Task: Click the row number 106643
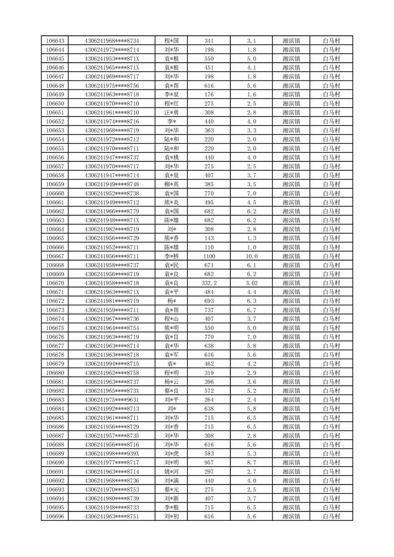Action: point(55,41)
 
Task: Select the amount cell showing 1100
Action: point(209,256)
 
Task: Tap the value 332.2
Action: point(209,283)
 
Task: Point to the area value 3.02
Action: point(252,283)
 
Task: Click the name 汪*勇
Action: point(172,113)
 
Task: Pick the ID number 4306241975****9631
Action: point(112,400)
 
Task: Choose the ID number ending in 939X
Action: point(112,454)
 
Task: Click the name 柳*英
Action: point(172,185)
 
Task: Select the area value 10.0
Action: point(252,256)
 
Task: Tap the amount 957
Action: point(209,463)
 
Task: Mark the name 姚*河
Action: point(172,472)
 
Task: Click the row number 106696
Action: point(55,517)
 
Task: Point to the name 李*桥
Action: point(172,256)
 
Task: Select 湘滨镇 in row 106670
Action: point(291,283)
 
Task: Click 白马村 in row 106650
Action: point(331,104)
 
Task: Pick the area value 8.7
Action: point(252,463)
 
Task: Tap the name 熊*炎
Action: point(172,203)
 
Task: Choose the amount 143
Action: point(209,238)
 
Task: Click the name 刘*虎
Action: point(172,454)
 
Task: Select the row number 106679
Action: point(55,364)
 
